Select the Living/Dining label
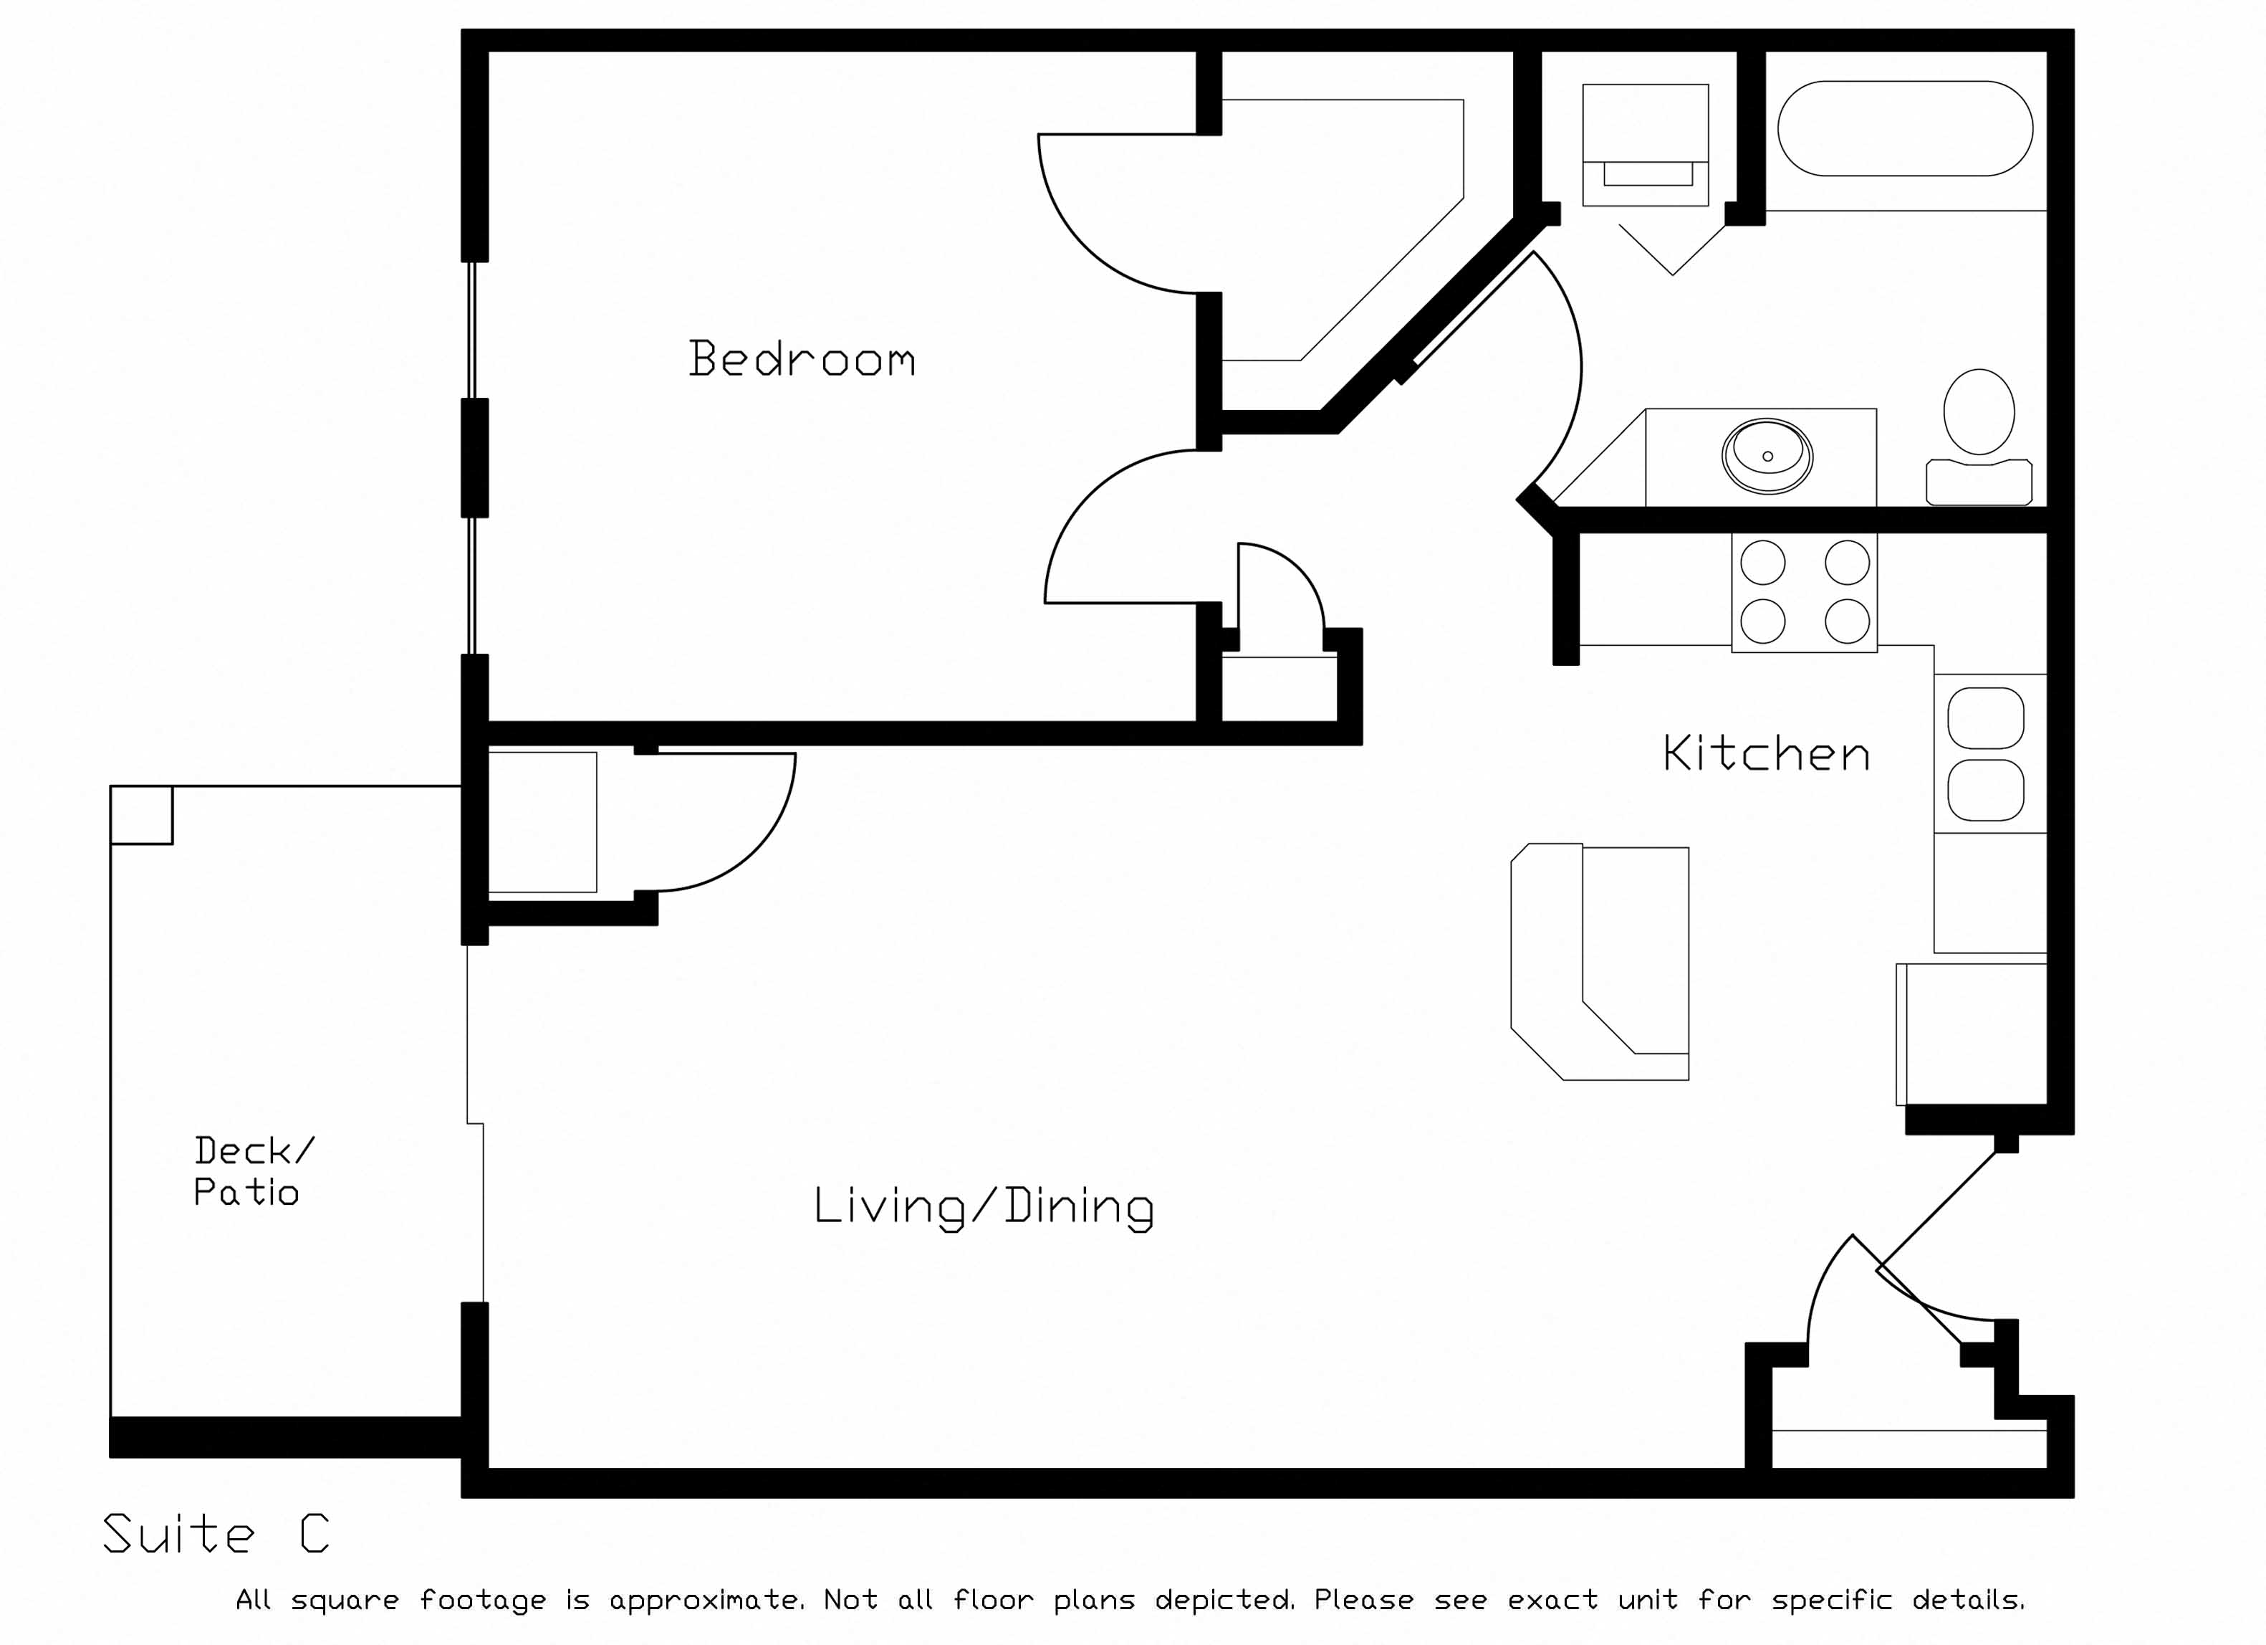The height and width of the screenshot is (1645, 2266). pyautogui.click(x=984, y=1207)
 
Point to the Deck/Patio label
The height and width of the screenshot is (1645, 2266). pyautogui.click(x=253, y=1171)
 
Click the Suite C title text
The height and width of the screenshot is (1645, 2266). pyautogui.click(x=216, y=1533)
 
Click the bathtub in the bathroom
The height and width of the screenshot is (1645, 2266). pyautogui.click(x=1904, y=128)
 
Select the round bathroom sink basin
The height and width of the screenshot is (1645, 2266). pyautogui.click(x=1767, y=456)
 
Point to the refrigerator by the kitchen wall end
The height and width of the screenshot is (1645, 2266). pyautogui.click(x=1972, y=1034)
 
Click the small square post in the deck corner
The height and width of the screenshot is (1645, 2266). pyautogui.click(x=141, y=814)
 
